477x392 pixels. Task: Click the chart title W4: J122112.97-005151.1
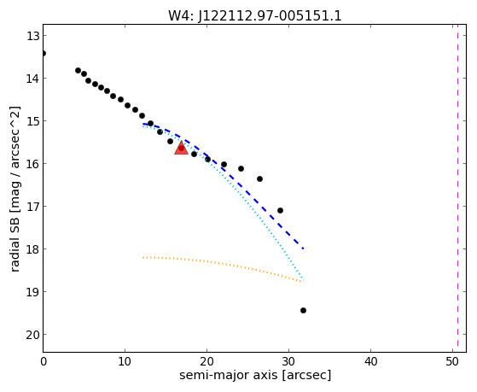click(255, 15)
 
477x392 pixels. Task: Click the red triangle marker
click(181, 148)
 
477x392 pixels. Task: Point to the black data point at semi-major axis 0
click(44, 54)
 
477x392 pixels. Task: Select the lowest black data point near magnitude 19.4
click(303, 310)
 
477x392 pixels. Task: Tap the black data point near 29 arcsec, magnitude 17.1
click(281, 210)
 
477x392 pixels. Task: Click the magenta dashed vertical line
click(458, 188)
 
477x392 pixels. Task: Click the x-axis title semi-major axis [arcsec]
click(255, 375)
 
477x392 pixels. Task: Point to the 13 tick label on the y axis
click(32, 36)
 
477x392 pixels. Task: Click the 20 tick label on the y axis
click(32, 335)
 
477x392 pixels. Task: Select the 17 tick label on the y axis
click(32, 207)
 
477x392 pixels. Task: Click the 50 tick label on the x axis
click(452, 361)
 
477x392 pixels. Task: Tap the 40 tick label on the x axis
click(370, 361)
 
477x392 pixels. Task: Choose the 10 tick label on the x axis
click(125, 361)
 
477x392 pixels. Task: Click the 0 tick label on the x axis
click(44, 361)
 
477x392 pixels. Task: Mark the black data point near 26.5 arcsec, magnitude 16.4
click(259, 178)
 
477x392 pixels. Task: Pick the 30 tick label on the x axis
click(288, 361)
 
